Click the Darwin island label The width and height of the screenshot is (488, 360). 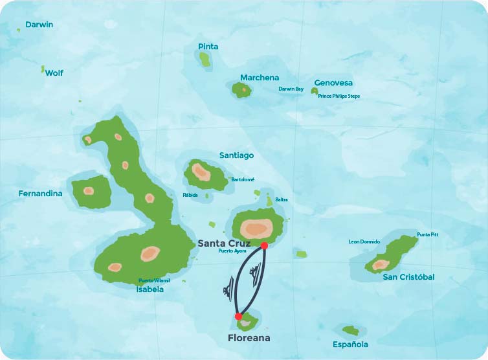coord(39,25)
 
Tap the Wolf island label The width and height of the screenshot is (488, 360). coord(54,73)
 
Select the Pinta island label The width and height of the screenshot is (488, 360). coord(208,47)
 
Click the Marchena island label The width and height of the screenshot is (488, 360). coord(260,78)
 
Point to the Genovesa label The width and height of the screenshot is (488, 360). coord(333,83)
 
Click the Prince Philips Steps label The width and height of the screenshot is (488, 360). coord(338,96)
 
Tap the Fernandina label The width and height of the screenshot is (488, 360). coord(40,194)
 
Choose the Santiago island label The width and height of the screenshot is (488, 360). coord(236,155)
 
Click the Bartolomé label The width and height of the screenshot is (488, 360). coord(243,179)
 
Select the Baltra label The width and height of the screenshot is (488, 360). coord(281,199)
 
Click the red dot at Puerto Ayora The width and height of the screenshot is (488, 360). coord(264,246)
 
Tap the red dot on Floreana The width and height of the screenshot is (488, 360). coord(238,317)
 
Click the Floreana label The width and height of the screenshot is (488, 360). coord(249,338)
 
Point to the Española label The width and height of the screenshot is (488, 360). coord(350,344)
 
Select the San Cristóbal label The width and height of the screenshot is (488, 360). coord(408,277)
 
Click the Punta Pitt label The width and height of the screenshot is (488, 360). coord(427,234)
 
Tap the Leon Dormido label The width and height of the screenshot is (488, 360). coord(364,242)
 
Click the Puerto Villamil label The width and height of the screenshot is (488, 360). coord(154,281)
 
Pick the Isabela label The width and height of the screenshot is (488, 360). coord(150,289)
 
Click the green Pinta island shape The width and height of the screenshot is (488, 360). coord(205,60)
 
